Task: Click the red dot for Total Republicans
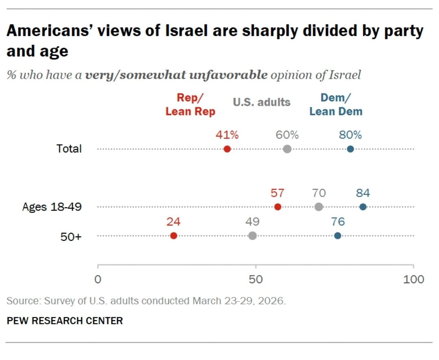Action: pyautogui.click(x=227, y=149)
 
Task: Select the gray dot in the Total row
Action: pyautogui.click(x=287, y=149)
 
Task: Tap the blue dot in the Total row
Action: pyautogui.click(x=350, y=149)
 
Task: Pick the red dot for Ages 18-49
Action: pyautogui.click(x=278, y=207)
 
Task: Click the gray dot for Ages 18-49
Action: pyautogui.click(x=319, y=207)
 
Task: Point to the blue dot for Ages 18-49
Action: pyautogui.click(x=363, y=207)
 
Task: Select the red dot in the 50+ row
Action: pyautogui.click(x=174, y=236)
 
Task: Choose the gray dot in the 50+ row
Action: pyautogui.click(x=252, y=236)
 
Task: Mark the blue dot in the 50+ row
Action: pyautogui.click(x=338, y=236)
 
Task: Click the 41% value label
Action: pyautogui.click(x=227, y=135)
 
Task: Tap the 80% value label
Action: pyautogui.click(x=350, y=135)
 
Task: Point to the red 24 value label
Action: pyautogui.click(x=173, y=222)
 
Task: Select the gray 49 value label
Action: pyautogui.click(x=252, y=222)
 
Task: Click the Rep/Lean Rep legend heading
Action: pyautogui.click(x=190, y=104)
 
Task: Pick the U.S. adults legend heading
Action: pyautogui.click(x=261, y=102)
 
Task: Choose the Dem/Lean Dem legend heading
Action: pyautogui.click(x=336, y=104)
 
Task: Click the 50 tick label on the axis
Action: pyautogui.click(x=256, y=280)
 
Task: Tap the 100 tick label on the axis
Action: pyautogui.click(x=413, y=280)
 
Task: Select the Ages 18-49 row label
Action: pyautogui.click(x=52, y=207)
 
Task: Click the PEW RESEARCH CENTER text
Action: pyautogui.click(x=65, y=321)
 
